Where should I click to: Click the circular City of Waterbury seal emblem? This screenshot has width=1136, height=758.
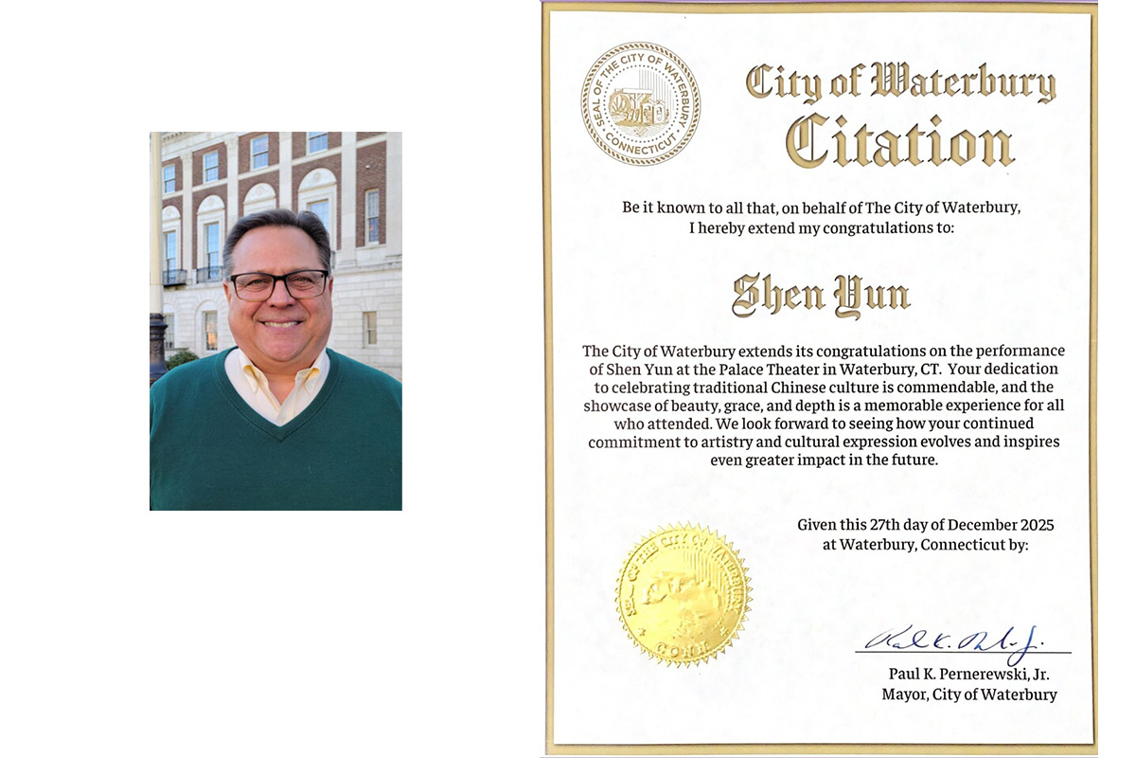(641, 104)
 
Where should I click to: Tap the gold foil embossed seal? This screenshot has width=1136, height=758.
(683, 593)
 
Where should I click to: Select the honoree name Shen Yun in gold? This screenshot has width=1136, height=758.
(821, 297)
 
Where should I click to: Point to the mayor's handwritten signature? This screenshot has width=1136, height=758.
(956, 641)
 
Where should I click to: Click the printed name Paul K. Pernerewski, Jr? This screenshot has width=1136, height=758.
(968, 675)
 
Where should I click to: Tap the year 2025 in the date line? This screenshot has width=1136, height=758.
(1034, 525)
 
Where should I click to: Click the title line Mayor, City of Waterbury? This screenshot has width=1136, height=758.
(968, 695)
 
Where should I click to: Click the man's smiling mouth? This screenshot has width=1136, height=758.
(280, 323)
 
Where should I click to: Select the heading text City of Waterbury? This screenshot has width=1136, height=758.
(899, 83)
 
